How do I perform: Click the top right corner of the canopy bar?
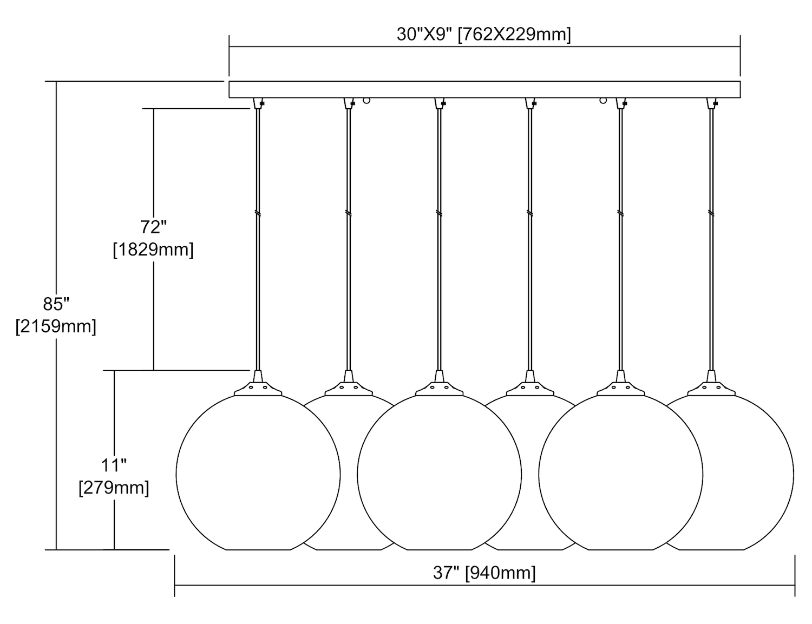coord(740,81)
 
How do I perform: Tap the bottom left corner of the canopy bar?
coord(230,98)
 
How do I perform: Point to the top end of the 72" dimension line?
coord(154,109)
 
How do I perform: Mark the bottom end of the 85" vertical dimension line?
coord(56,550)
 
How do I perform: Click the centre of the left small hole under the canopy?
coord(366,100)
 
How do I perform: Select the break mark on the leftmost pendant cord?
coord(258,213)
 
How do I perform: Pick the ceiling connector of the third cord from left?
coord(440,103)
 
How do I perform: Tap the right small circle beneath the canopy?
coord(603,100)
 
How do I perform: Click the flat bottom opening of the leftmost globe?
coord(258,550)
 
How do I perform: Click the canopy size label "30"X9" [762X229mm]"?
coord(484,35)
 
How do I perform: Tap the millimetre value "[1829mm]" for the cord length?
coord(153,249)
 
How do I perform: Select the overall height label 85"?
coord(56,304)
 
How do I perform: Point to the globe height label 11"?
coord(114,465)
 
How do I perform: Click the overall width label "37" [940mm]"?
coord(484,573)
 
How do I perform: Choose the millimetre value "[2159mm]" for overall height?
coord(56,326)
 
